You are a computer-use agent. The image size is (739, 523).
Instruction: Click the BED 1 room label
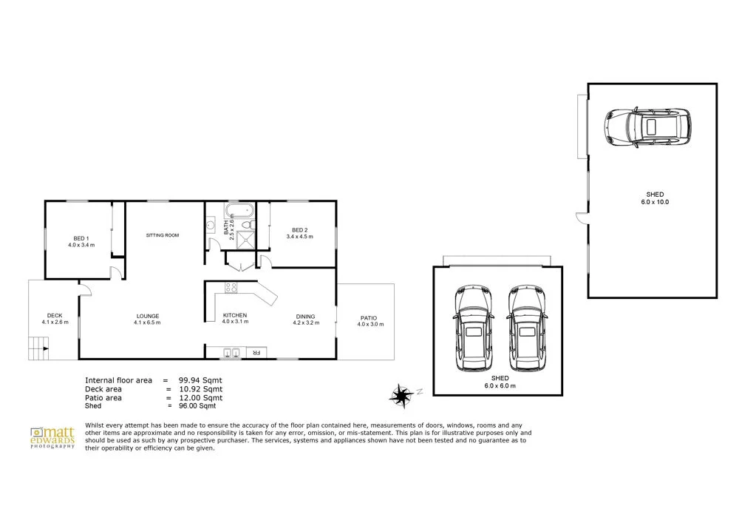[x=81, y=239]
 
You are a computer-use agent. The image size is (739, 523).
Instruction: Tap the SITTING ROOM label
[x=163, y=235]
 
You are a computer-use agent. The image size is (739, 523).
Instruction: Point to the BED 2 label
[x=300, y=230]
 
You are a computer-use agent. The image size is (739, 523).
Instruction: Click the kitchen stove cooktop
[x=231, y=287]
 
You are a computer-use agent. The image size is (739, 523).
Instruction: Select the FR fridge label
[x=256, y=353]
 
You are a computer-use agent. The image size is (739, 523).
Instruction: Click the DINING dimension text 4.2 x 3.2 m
[x=307, y=323]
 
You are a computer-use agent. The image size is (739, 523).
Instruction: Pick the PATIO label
[x=369, y=318]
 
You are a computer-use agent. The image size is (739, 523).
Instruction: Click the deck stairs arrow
[x=45, y=349]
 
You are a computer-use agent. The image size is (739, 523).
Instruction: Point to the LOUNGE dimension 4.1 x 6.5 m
[x=147, y=323]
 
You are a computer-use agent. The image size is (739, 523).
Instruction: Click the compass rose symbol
[x=401, y=395]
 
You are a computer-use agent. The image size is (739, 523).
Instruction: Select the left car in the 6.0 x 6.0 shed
[x=474, y=328]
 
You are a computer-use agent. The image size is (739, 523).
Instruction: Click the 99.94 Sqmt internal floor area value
[x=200, y=380]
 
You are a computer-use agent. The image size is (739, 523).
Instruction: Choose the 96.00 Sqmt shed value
[x=197, y=405]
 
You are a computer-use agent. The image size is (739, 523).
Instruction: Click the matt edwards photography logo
[x=52, y=438]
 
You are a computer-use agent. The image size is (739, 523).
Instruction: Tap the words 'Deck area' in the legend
[x=103, y=389]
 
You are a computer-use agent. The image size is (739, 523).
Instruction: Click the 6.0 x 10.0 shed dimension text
[x=655, y=202]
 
